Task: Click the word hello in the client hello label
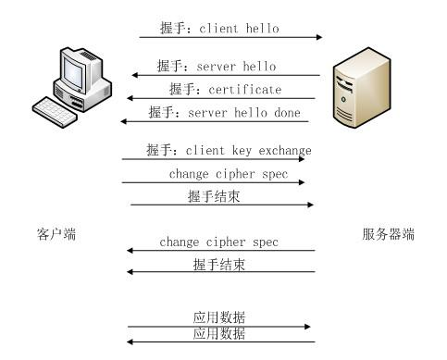point(261,29)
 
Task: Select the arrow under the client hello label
point(231,38)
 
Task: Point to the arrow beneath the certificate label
point(222,99)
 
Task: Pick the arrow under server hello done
point(217,122)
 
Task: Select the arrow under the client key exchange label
point(213,159)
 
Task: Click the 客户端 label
point(56,234)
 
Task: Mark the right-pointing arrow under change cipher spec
point(213,182)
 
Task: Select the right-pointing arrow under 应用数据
point(220,326)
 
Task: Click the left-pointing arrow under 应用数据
point(220,341)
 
